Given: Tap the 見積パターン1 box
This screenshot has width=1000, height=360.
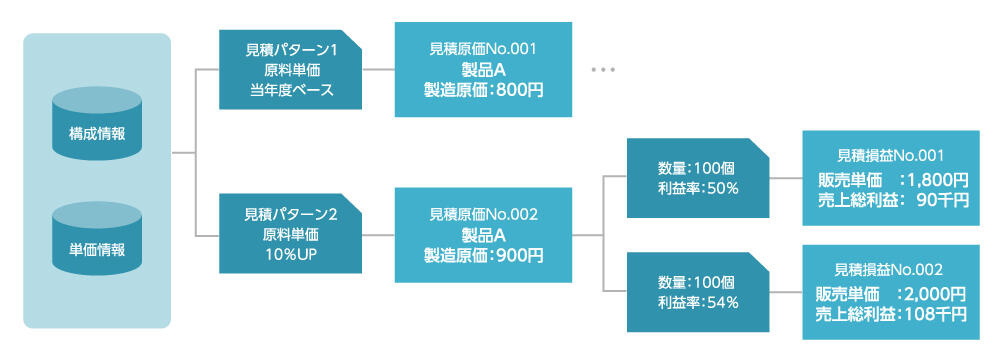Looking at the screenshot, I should (x=291, y=70).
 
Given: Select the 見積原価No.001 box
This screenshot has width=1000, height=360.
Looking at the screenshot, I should (x=484, y=69).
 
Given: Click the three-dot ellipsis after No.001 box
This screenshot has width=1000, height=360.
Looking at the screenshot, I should (x=603, y=70).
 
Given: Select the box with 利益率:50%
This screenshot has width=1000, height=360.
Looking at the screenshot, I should (x=697, y=178).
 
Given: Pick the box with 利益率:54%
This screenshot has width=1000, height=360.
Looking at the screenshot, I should (x=697, y=291).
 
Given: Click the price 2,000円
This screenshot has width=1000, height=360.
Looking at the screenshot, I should (x=933, y=294).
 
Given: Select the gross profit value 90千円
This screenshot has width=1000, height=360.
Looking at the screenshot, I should (x=942, y=200).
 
